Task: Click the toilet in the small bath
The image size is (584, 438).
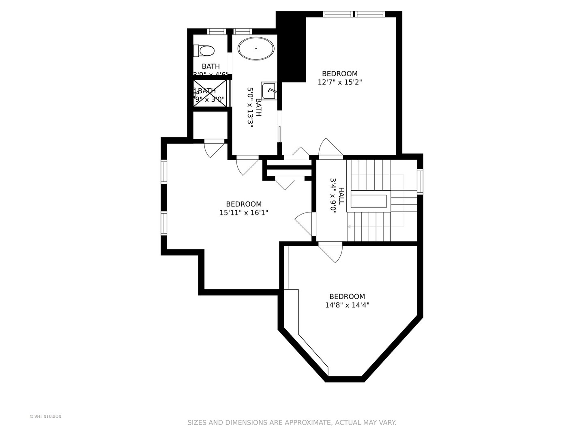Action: pyautogui.click(x=206, y=51)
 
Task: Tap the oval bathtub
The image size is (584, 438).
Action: pyautogui.click(x=256, y=49)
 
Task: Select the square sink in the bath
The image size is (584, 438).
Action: pyautogui.click(x=269, y=91)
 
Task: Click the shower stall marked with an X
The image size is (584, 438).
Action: pyautogui.click(x=210, y=93)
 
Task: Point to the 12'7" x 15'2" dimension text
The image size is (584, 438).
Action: pyautogui.click(x=339, y=82)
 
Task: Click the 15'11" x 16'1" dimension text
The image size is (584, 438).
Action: pyautogui.click(x=244, y=213)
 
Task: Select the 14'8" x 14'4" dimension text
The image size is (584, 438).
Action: pyautogui.click(x=347, y=305)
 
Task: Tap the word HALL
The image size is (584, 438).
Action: pyautogui.click(x=342, y=196)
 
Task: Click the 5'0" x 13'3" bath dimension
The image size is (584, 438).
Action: pyautogui.click(x=250, y=108)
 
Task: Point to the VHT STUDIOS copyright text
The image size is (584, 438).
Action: pyautogui.click(x=45, y=417)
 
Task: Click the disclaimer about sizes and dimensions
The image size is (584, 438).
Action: pyautogui.click(x=292, y=423)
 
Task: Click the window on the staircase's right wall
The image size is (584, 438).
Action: pyautogui.click(x=420, y=181)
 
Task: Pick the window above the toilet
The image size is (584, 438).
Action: pyautogui.click(x=216, y=31)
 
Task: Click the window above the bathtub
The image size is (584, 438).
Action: pyautogui.click(x=243, y=31)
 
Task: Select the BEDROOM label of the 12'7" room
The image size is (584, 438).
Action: pyautogui.click(x=339, y=74)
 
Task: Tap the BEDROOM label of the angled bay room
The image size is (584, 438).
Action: pyautogui.click(x=347, y=296)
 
